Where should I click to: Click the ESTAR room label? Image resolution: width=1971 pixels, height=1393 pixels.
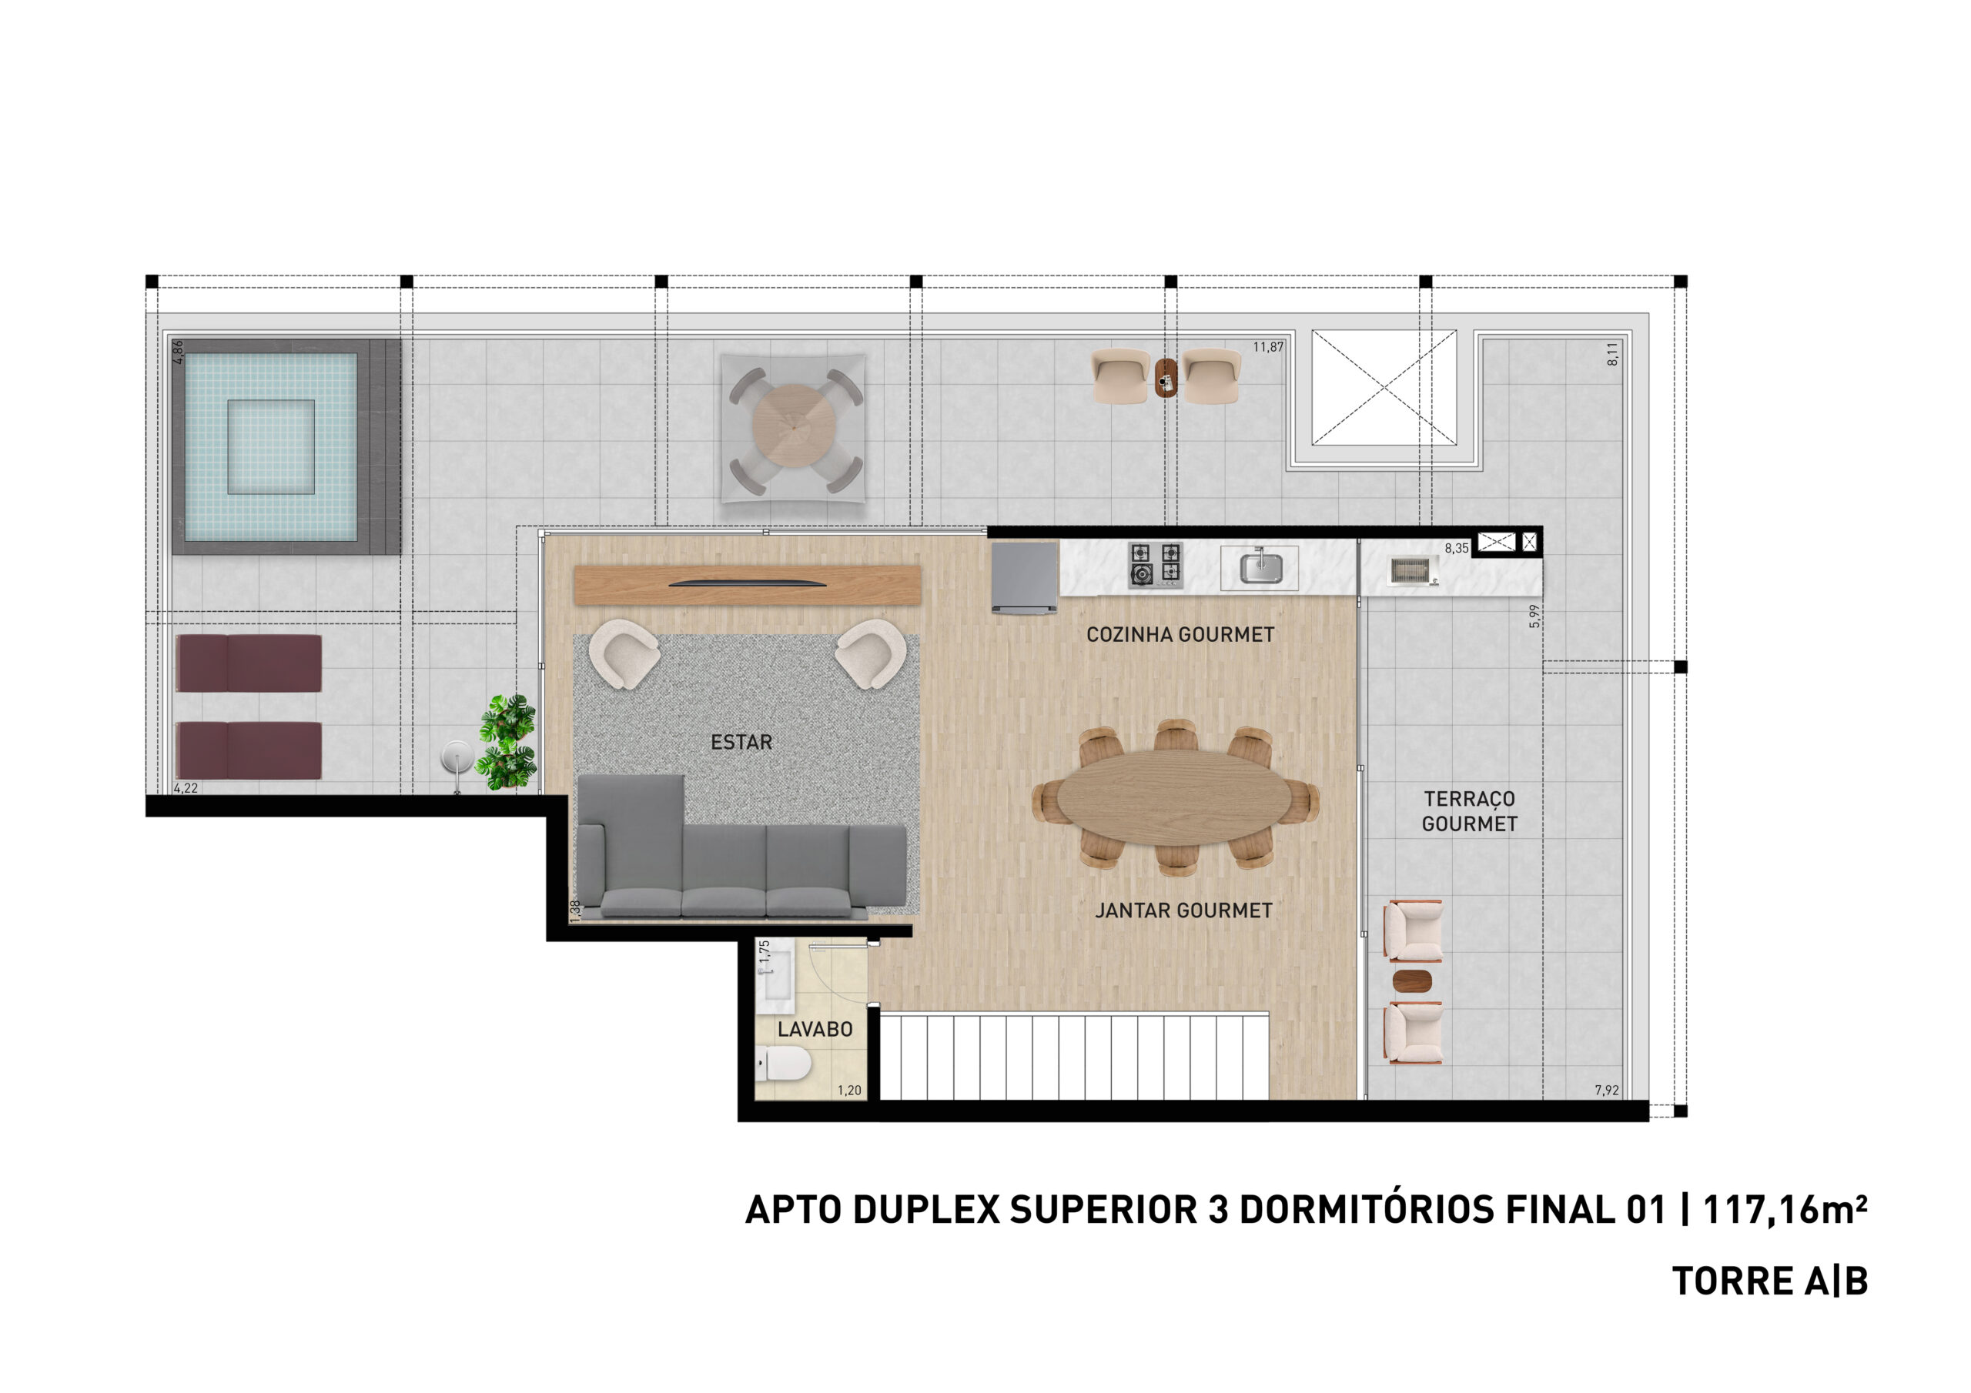point(741,743)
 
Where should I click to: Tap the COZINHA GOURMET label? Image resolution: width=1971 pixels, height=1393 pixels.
point(1180,634)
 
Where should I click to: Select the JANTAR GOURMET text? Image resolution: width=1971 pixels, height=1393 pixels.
point(1183,910)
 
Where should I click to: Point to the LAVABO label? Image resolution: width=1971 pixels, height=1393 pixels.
point(815,1029)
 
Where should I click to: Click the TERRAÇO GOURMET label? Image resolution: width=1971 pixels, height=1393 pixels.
point(1469,811)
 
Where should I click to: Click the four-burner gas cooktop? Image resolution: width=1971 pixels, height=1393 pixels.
point(1155,565)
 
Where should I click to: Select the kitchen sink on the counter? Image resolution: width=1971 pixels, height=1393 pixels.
point(1261,567)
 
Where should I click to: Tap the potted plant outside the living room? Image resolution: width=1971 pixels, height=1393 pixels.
point(507,743)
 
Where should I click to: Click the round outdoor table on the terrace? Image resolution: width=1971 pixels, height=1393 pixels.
point(793,426)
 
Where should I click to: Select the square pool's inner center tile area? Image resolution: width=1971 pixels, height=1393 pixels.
point(270,446)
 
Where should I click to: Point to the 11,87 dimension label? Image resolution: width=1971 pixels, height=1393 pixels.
point(1268,348)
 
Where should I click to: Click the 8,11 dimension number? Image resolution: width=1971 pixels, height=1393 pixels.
point(1612,353)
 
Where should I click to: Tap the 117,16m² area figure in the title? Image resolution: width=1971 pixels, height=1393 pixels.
point(1784,1209)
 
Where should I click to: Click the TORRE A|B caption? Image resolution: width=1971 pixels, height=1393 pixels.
point(1769,1281)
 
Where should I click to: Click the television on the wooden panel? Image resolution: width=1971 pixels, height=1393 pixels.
point(747,583)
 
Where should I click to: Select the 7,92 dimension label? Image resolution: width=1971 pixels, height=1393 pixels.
point(1606,1090)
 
